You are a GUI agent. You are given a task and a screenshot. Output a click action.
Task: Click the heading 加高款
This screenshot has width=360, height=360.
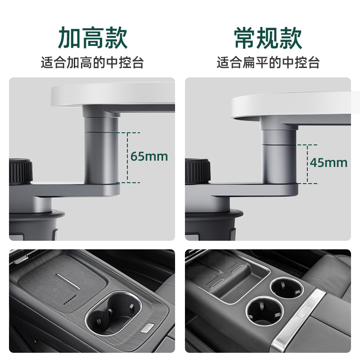coord(93,38)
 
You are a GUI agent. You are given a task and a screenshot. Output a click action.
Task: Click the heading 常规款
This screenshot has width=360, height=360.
coord(268,38)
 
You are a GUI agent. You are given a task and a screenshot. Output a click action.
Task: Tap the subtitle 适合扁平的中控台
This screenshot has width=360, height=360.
coord(268,63)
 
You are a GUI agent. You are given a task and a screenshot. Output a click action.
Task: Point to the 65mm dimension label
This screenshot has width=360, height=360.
coord(149,157)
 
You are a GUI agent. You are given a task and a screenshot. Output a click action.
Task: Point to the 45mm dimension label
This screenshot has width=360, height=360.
coord(328,162)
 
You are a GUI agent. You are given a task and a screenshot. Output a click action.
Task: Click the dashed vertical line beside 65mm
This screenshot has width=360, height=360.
coord(128,157)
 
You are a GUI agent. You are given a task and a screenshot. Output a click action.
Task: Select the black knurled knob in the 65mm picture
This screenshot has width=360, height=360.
coord(20,171)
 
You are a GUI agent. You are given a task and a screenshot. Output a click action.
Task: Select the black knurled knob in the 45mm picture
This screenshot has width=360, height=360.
coord(197,171)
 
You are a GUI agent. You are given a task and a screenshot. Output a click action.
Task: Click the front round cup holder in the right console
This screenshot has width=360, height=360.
coord(265,310)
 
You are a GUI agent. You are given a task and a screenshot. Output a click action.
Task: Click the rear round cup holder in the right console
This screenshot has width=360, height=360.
coord(285,288)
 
